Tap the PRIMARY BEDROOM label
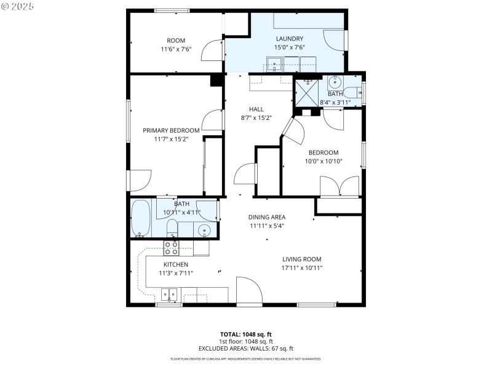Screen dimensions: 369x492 click(x=171, y=130)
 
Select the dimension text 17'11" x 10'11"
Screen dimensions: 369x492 click(x=302, y=268)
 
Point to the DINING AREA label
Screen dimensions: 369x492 click(x=267, y=217)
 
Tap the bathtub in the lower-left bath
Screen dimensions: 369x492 click(x=141, y=218)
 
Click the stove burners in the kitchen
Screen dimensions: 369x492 click(x=171, y=248)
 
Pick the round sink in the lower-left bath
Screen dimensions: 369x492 click(x=205, y=231)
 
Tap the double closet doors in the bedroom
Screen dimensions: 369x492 click(x=339, y=186)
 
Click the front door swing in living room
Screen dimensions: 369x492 click(x=249, y=290)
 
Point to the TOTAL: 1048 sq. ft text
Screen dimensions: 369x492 click(x=246, y=335)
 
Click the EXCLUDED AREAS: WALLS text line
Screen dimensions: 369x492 click(x=246, y=348)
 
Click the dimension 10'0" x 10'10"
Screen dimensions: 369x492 click(x=324, y=161)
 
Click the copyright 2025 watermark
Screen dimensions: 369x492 click(x=18, y=6)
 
